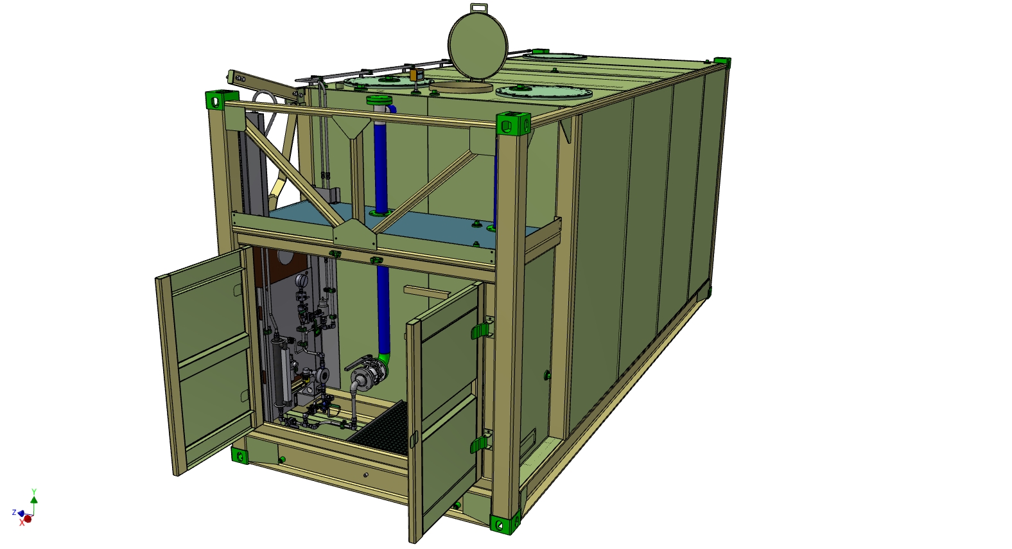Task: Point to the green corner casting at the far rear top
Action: tap(722, 62)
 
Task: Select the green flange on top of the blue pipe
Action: tap(378, 100)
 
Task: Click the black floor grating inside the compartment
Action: tap(379, 428)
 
